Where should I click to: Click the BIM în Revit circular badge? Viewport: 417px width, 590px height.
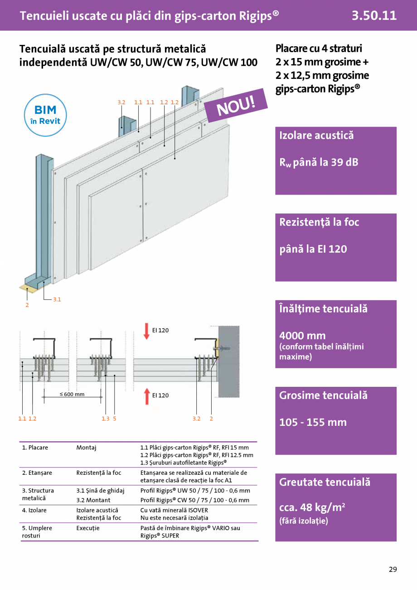(x=45, y=115)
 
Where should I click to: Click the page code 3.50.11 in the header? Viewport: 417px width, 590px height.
(x=374, y=16)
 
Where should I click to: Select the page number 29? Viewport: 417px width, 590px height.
(x=393, y=569)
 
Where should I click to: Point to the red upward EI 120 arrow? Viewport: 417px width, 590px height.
(x=146, y=395)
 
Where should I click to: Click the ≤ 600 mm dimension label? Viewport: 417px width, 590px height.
(x=73, y=394)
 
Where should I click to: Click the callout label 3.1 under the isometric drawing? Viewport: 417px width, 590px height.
(x=57, y=299)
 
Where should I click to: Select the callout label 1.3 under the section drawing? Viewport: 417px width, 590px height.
(x=106, y=419)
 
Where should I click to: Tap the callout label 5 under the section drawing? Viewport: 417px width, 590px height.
(x=115, y=419)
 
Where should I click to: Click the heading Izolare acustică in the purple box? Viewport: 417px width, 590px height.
(x=316, y=135)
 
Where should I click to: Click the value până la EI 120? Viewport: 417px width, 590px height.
(x=313, y=249)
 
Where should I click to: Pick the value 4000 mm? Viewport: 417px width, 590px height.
(x=302, y=336)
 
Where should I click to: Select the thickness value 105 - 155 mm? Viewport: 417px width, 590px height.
(x=313, y=422)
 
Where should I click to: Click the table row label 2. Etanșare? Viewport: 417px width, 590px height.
(x=37, y=473)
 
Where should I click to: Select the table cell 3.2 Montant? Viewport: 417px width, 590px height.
(x=93, y=500)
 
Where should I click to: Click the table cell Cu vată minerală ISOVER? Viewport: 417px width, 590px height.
(x=175, y=510)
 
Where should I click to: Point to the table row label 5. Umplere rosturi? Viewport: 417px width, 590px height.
(x=37, y=531)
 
